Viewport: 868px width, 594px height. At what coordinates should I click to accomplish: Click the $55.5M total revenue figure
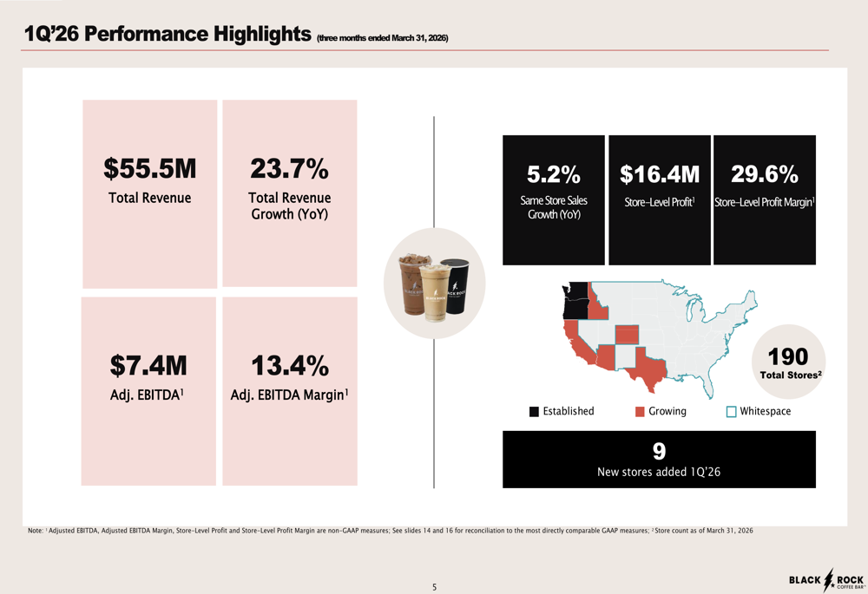coord(149,169)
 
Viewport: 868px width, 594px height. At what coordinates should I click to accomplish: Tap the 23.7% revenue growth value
coord(290,169)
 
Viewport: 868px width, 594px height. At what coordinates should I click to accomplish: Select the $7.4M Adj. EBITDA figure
coord(148,365)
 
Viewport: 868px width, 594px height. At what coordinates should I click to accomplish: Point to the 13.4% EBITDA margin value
coord(290,365)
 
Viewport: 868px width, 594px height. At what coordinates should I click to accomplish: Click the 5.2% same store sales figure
coord(554,174)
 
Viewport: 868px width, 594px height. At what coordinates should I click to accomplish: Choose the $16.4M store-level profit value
coord(660,174)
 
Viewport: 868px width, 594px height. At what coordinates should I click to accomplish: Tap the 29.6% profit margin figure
coord(765,174)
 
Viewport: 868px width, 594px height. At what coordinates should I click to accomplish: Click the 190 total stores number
coord(788,356)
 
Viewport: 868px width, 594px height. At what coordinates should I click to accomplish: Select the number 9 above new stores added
coord(659,451)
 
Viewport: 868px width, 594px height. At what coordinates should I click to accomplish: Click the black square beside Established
coord(534,412)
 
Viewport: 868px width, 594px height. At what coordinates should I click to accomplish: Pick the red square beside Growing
coord(640,412)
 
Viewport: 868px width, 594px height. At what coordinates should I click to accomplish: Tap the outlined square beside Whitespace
coord(731,412)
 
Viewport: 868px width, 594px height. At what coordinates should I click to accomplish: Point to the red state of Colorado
coord(627,334)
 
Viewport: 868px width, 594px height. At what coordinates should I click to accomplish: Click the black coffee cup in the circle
coord(457,286)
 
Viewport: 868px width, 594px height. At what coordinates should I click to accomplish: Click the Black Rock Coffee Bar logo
coord(826,579)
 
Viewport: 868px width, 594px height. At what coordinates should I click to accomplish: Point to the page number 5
coord(435,587)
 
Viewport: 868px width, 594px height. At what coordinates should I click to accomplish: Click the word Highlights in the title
coord(262,35)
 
